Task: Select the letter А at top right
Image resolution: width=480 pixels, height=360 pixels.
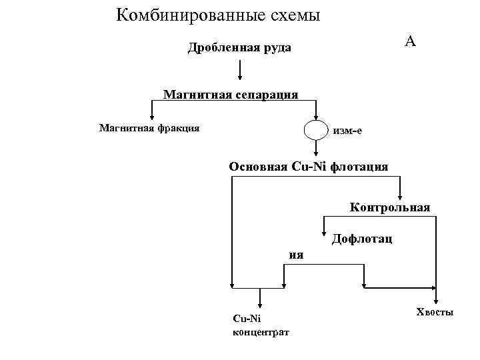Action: pyautogui.click(x=410, y=41)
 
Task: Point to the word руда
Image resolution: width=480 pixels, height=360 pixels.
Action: pyautogui.click(x=277, y=49)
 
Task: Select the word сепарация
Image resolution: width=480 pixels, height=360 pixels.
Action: pyautogui.click(x=265, y=94)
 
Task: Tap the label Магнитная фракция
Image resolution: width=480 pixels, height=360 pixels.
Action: pyautogui.click(x=149, y=127)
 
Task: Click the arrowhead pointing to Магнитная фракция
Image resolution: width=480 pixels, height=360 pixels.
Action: pyautogui.click(x=151, y=117)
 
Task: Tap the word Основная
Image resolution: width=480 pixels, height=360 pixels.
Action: pyautogui.click(x=259, y=166)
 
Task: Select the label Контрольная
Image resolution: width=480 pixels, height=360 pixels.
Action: pyautogui.click(x=391, y=207)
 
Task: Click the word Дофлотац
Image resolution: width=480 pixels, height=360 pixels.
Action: pyautogui.click(x=361, y=237)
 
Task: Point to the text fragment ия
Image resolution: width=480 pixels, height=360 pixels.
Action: pyautogui.click(x=296, y=254)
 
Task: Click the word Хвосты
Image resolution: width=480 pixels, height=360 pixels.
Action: pyautogui.click(x=435, y=312)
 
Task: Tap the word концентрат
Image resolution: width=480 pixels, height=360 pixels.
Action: pyautogui.click(x=260, y=332)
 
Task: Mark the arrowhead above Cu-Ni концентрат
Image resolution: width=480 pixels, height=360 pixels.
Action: pyautogui.click(x=260, y=303)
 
